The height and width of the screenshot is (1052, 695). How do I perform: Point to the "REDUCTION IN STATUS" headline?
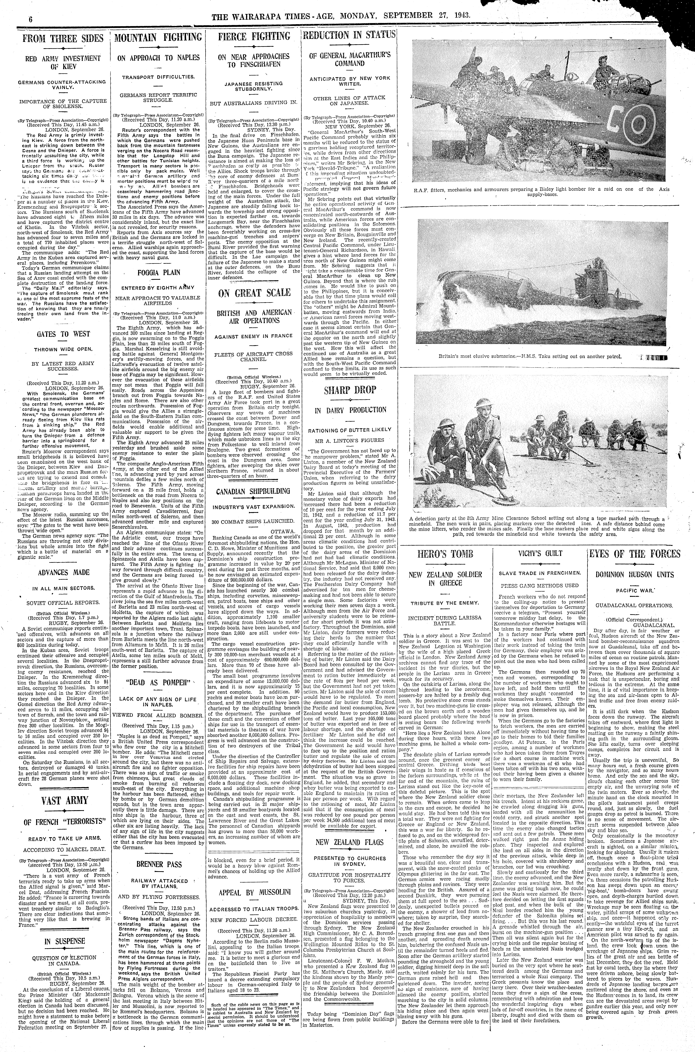pyautogui.click(x=349, y=35)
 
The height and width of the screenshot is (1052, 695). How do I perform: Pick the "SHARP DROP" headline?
pyautogui.click(x=350, y=390)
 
